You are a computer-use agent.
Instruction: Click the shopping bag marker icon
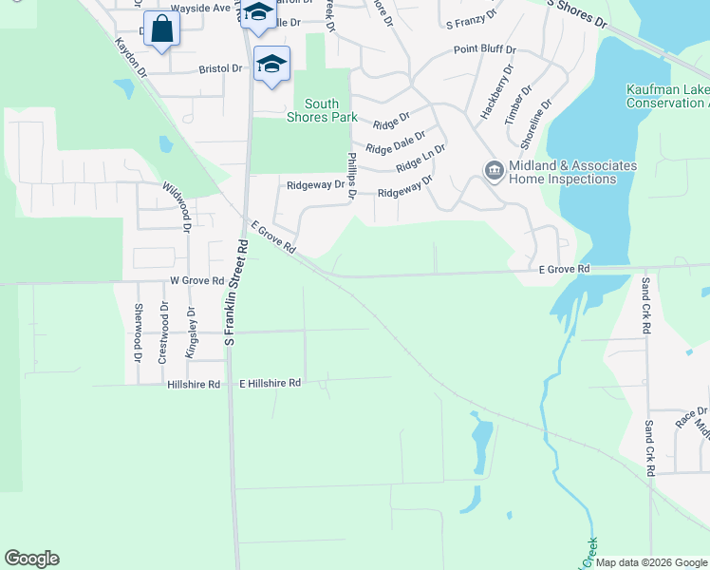(161, 29)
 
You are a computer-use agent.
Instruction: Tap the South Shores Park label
(322, 110)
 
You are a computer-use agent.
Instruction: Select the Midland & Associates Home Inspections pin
(495, 171)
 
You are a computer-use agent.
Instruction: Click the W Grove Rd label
(196, 281)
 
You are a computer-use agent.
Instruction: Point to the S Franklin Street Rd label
(234, 292)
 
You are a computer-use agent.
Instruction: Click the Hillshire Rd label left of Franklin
(194, 385)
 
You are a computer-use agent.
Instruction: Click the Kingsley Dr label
(191, 329)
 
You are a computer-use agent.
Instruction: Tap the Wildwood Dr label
(177, 207)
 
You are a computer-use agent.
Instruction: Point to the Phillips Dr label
(351, 176)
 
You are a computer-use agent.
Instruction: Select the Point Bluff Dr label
(484, 49)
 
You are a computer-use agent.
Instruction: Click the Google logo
(31, 559)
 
